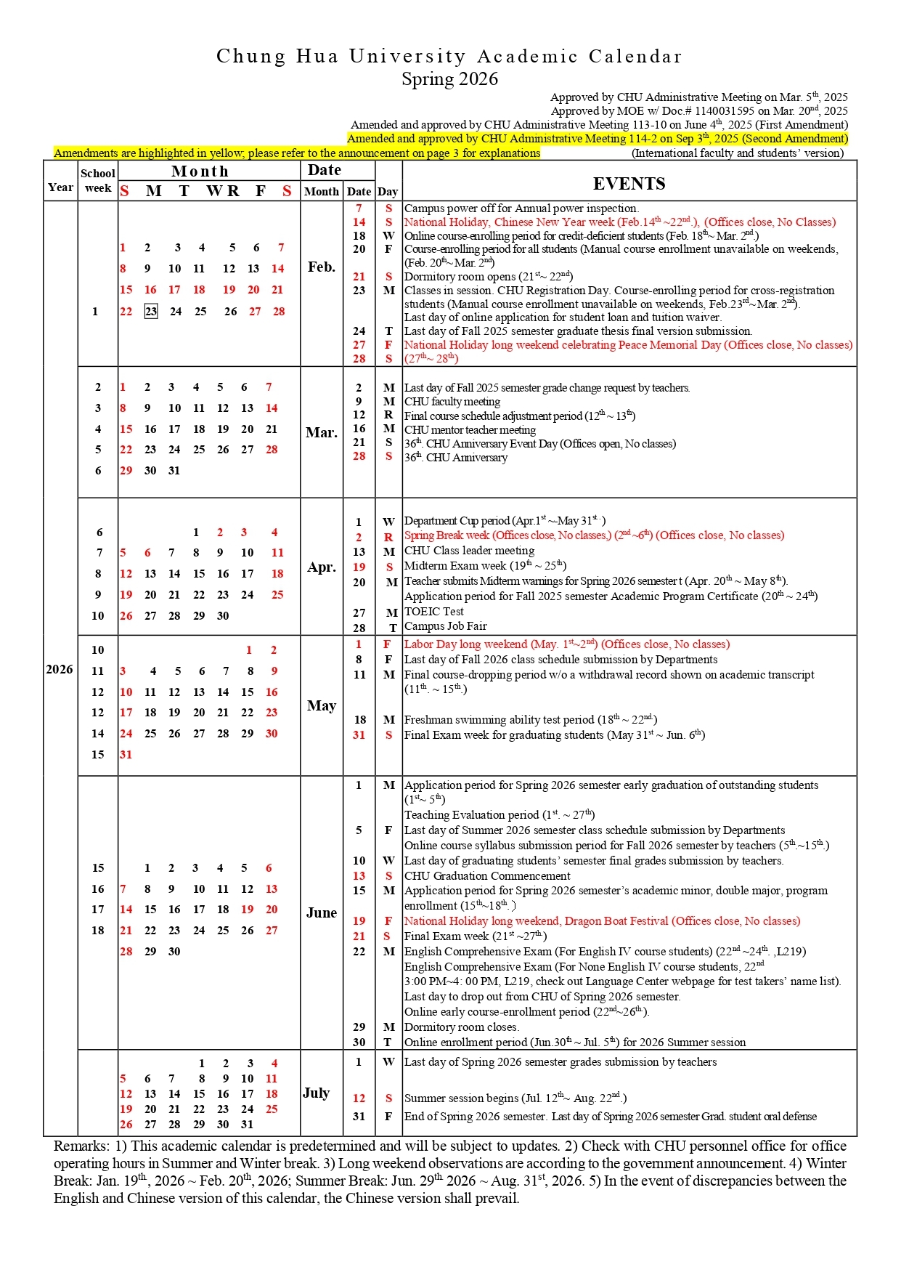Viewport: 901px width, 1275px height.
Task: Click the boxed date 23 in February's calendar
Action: [x=150, y=311]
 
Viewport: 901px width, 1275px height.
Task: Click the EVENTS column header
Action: [x=629, y=184]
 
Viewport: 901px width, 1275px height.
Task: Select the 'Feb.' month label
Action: [x=321, y=267]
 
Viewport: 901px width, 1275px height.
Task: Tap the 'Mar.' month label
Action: [x=321, y=432]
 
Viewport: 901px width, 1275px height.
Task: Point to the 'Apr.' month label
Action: [x=321, y=567]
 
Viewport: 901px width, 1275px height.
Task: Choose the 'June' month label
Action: [x=321, y=912]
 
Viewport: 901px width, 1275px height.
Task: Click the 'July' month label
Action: [x=317, y=1093]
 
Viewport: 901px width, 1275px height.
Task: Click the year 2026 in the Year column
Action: [x=60, y=669]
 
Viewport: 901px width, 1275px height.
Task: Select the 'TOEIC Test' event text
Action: [x=433, y=612]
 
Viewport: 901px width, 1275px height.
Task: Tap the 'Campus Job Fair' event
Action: [x=445, y=626]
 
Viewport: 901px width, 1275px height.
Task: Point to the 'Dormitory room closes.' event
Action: [x=461, y=1027]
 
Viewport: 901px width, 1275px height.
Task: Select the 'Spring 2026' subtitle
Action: [x=450, y=78]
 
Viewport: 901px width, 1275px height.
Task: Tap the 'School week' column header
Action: [x=98, y=180]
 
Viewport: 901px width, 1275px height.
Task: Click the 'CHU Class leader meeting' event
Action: [x=469, y=551]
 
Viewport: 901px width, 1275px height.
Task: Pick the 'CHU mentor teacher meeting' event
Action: [x=470, y=429]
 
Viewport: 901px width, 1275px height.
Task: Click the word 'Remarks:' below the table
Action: [x=81, y=1146]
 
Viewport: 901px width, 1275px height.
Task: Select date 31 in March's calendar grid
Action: [x=174, y=470]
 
